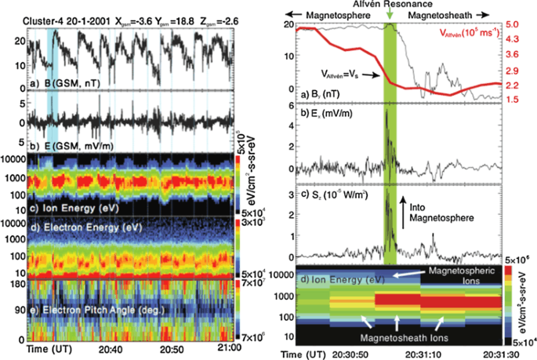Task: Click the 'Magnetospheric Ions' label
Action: point(459,276)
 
